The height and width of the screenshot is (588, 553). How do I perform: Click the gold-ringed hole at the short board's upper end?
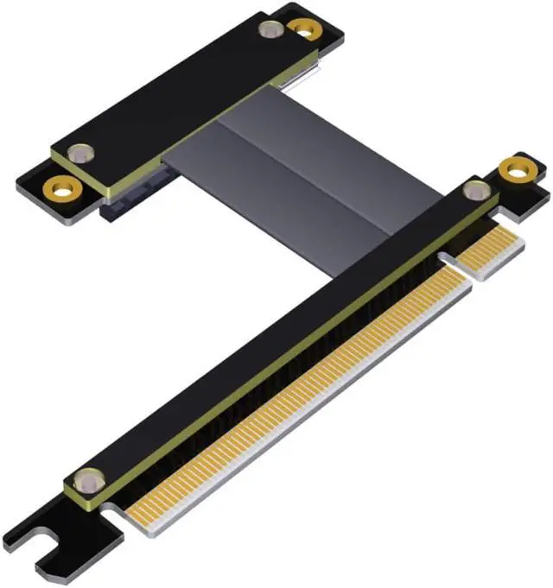point(303,28)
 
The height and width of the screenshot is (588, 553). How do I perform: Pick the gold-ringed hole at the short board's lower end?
point(60,185)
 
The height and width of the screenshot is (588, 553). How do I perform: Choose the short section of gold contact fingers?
point(491,251)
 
